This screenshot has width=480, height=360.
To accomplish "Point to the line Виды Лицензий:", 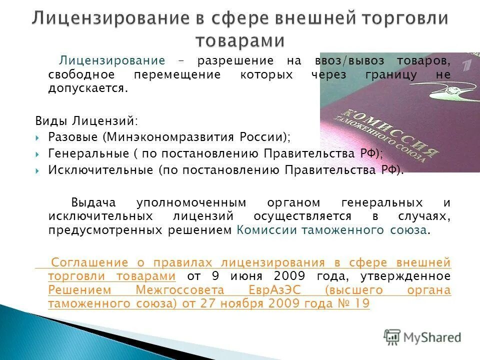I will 87,121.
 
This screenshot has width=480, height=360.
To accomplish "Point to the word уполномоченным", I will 191,202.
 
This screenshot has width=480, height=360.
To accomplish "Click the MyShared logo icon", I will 392,336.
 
